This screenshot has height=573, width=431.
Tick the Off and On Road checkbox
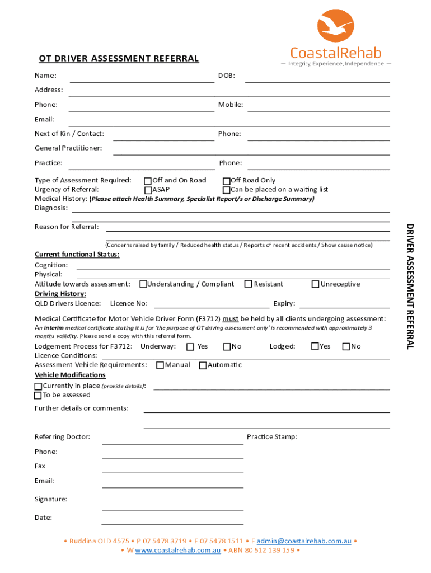[x=148, y=181]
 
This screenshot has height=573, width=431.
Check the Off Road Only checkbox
[x=227, y=181]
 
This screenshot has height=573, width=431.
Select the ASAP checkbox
[x=148, y=190]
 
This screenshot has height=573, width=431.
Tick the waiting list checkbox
[x=227, y=190]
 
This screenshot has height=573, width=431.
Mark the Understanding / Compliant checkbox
[x=143, y=284]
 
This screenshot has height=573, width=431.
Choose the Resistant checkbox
[x=249, y=284]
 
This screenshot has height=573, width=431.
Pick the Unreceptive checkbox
[x=315, y=284]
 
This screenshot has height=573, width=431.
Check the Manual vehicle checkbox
[x=160, y=365]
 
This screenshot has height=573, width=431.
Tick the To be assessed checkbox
[x=38, y=396]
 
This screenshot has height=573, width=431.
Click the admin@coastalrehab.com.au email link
[x=304, y=541]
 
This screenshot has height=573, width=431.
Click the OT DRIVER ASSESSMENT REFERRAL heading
[x=119, y=59]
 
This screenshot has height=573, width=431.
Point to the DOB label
[x=226, y=76]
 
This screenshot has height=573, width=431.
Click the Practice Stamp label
[x=272, y=437]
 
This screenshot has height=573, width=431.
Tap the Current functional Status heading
[x=77, y=255]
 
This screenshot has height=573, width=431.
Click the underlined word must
[x=231, y=319]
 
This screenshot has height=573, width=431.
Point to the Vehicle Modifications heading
[x=70, y=375]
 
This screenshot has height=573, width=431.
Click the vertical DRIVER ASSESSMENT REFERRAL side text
[x=410, y=286]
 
